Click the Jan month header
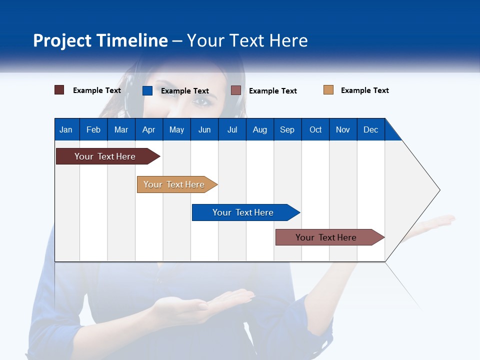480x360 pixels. (x=66, y=129)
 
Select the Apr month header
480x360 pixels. (x=148, y=129)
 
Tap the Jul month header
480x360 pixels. (x=232, y=129)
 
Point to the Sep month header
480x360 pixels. (x=287, y=129)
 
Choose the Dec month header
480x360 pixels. (x=370, y=129)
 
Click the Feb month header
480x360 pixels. (x=93, y=129)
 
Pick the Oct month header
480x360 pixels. (x=315, y=129)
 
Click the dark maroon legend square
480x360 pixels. (x=59, y=90)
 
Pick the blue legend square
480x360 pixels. (x=147, y=90)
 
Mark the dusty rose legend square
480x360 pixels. (x=236, y=90)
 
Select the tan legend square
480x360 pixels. (x=328, y=90)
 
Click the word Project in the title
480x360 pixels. (x=62, y=40)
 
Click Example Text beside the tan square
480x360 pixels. (x=364, y=90)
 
